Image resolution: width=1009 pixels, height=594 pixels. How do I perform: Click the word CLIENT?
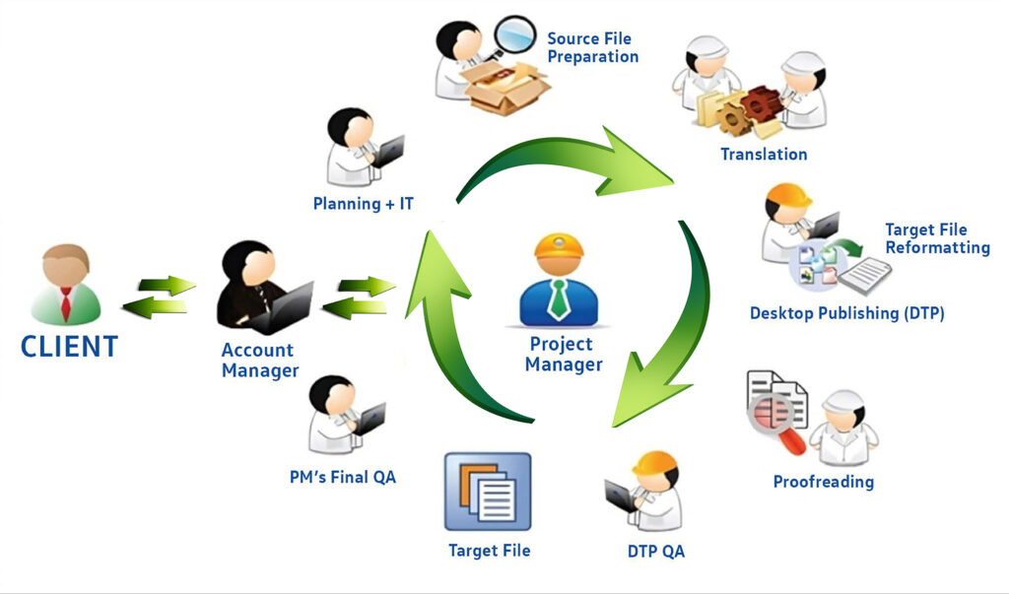69,347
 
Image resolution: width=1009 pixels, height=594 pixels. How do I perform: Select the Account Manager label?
259,361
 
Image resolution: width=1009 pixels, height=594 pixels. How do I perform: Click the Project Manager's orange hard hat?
559,254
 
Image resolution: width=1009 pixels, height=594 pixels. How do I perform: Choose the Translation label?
764,154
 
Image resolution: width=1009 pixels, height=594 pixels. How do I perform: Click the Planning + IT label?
364,204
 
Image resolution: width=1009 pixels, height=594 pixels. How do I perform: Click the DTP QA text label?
655,551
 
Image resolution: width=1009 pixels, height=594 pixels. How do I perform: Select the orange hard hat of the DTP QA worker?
657,464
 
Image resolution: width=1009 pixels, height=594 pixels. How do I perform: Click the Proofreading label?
823,482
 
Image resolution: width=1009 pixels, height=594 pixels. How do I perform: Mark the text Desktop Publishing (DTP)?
846,313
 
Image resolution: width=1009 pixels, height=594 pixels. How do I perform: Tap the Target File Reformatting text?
936,238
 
